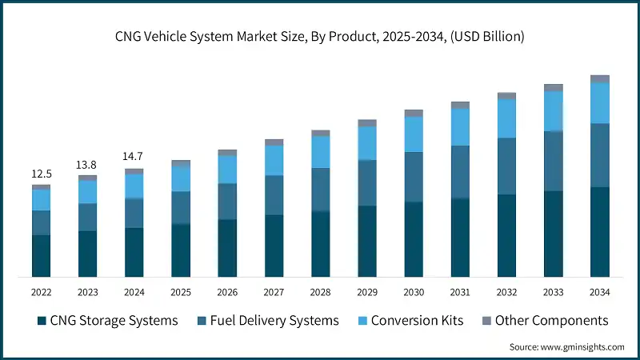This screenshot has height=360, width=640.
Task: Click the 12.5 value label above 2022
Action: (x=41, y=174)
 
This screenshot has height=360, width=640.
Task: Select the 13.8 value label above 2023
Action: (x=87, y=164)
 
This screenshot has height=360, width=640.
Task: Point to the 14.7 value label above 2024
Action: (x=134, y=157)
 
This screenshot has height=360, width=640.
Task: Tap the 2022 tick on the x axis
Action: (x=41, y=292)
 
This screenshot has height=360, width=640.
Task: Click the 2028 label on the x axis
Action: (x=320, y=292)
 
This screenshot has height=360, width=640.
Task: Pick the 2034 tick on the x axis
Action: (x=599, y=292)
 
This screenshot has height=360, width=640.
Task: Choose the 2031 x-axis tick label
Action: (x=460, y=292)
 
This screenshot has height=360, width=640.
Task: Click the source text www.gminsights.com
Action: (x=566, y=347)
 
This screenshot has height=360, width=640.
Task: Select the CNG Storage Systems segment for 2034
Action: (x=600, y=232)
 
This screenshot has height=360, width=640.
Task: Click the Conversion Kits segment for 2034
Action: (x=600, y=103)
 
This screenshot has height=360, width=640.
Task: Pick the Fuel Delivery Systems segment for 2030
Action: (x=414, y=177)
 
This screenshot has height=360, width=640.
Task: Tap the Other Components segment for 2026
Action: (x=227, y=152)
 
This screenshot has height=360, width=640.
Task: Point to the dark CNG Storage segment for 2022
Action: (x=41, y=256)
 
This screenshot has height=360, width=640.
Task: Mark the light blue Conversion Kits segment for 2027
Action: (x=274, y=160)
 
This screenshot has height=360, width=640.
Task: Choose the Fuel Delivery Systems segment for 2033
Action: (x=554, y=161)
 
